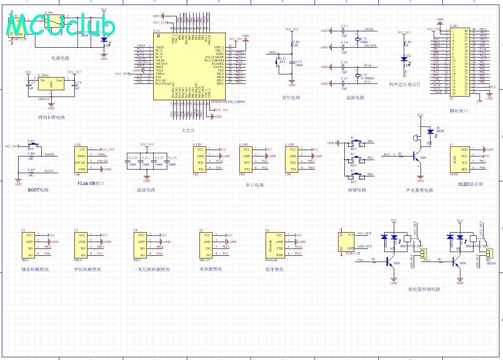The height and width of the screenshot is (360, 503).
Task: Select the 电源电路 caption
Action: [60, 58]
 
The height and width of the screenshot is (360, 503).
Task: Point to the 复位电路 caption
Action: [291, 97]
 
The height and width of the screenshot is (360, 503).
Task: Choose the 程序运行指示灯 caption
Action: [405, 84]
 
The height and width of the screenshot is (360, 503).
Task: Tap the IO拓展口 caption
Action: [459, 111]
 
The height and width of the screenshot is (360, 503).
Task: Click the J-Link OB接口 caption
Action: [91, 183]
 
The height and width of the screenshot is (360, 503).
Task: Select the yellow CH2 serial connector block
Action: [246, 159]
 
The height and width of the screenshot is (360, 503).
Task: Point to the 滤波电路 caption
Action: [146, 190]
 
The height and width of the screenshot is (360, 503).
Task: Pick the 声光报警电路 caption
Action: [419, 190]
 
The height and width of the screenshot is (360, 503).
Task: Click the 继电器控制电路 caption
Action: [424, 289]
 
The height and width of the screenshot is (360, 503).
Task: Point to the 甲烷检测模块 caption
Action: [87, 269]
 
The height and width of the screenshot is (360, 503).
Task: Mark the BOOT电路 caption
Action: [38, 190]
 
